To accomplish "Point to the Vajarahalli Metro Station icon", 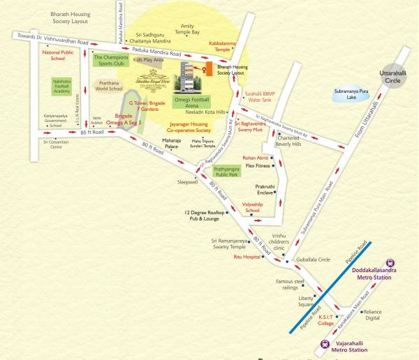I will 325,343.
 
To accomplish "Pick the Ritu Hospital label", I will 247,257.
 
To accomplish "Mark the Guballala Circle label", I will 312,259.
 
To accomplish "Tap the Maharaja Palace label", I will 172,145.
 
